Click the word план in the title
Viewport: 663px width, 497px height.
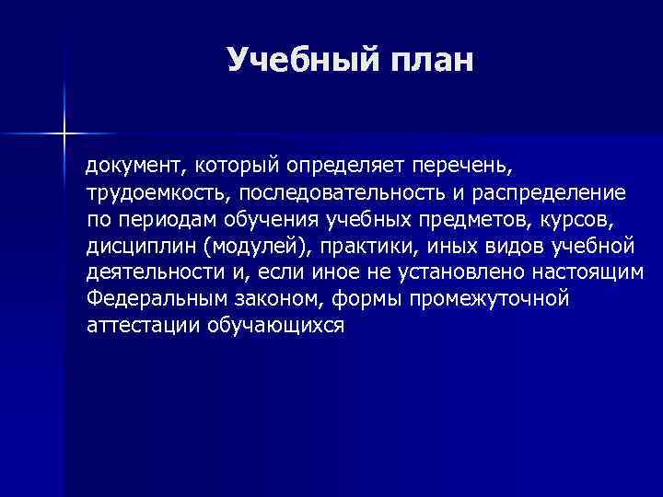pyautogui.click(x=429, y=60)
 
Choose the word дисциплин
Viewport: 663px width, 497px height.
pyautogui.click(x=141, y=247)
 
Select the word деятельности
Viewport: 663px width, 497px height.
pyautogui.click(x=155, y=273)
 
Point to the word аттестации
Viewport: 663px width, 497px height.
pyautogui.click(x=139, y=326)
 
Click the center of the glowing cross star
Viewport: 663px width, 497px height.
pyautogui.click(x=64, y=134)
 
